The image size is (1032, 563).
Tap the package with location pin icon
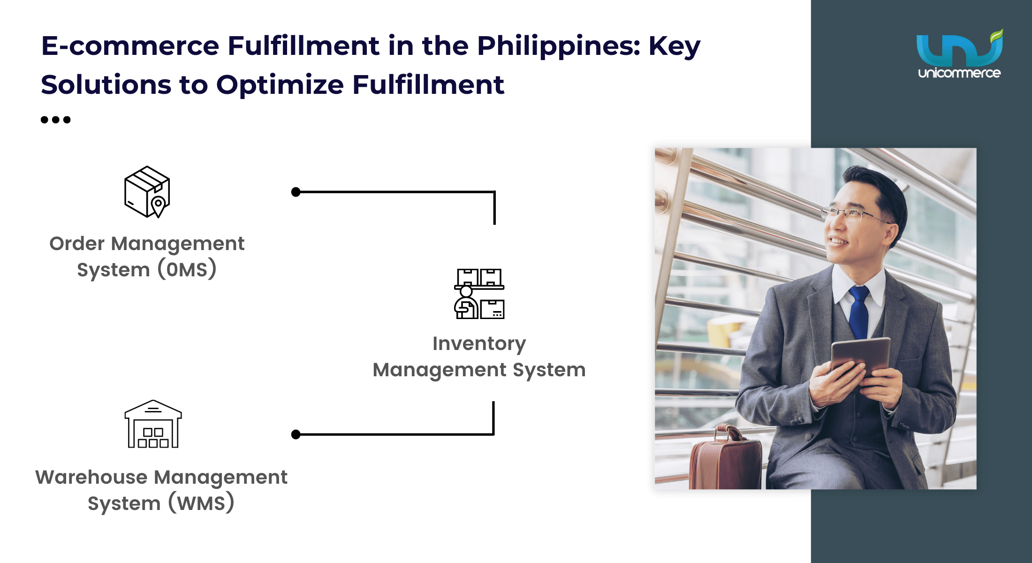tap(147, 191)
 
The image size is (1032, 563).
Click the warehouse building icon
tap(153, 424)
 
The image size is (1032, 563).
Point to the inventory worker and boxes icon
tap(479, 294)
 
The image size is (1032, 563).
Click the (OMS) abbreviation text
tap(187, 269)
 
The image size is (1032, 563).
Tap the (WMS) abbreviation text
tap(201, 503)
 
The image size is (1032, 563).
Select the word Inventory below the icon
tap(479, 344)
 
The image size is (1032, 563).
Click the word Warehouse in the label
tap(91, 477)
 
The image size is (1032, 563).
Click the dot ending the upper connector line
tap(296, 192)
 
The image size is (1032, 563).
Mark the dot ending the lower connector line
tap(296, 434)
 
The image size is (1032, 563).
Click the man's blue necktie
tap(859, 312)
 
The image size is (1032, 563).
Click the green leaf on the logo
tap(996, 36)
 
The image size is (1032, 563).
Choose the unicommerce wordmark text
tap(959, 73)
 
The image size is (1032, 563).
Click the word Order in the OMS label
tap(77, 243)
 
